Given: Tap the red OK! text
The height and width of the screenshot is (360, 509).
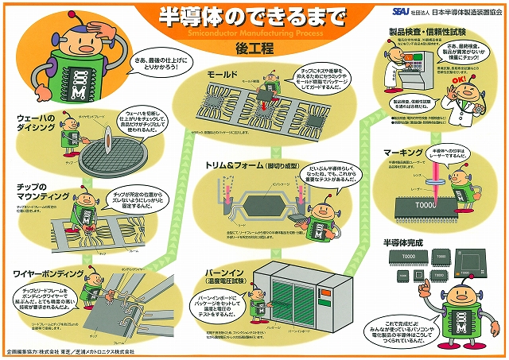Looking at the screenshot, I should tap(454, 80).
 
